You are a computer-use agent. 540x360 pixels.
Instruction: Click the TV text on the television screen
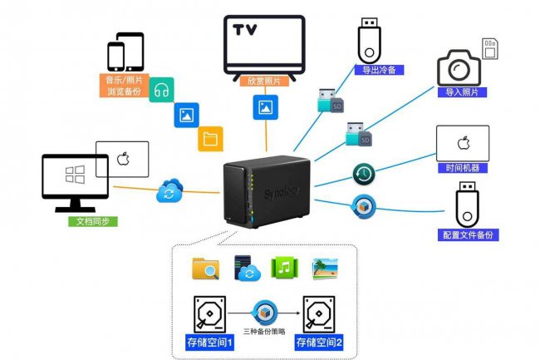click(x=244, y=30)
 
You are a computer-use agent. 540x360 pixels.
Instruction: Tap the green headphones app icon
click(x=161, y=90)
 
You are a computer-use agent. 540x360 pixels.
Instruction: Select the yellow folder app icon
click(x=210, y=139)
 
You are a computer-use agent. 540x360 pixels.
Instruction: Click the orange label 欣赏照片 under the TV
click(x=264, y=81)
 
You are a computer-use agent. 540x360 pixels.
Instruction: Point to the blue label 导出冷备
click(x=379, y=70)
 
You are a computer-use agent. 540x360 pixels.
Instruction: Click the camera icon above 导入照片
click(x=459, y=68)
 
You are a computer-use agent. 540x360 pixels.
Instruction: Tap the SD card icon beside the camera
click(x=489, y=48)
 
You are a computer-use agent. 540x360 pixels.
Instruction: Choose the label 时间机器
click(x=463, y=168)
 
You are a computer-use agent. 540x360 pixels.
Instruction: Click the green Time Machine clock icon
click(x=364, y=174)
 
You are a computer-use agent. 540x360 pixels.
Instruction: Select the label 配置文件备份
click(x=468, y=235)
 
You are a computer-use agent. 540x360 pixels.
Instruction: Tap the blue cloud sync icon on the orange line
click(x=169, y=190)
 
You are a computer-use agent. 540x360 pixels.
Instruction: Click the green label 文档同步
click(x=93, y=221)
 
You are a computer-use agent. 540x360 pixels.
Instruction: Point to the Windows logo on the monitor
click(x=75, y=175)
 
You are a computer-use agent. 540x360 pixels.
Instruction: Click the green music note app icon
click(x=284, y=268)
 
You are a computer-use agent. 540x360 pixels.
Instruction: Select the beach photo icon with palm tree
click(x=325, y=269)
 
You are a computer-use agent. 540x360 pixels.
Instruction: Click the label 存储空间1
click(x=209, y=343)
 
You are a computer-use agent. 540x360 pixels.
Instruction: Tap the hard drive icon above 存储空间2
click(x=319, y=314)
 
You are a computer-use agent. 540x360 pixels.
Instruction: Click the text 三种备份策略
click(x=264, y=332)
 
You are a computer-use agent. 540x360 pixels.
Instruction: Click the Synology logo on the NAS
click(x=281, y=193)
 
